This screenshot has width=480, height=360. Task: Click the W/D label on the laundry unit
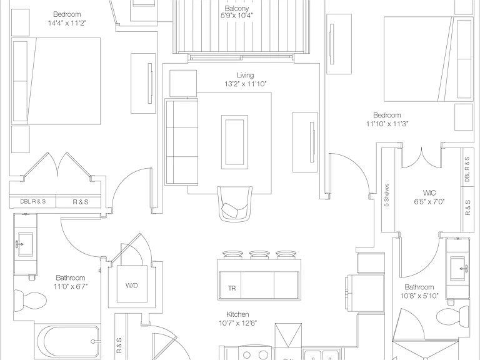[x=132, y=285]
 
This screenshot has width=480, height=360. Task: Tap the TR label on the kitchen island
[x=232, y=288]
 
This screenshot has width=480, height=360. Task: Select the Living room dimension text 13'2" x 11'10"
[x=246, y=84]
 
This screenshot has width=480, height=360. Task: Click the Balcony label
[x=237, y=8]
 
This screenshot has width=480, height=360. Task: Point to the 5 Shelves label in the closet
[x=387, y=195]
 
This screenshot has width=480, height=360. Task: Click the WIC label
[x=429, y=193]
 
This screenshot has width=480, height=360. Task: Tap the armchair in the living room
[x=235, y=204]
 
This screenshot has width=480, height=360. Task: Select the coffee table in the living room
[x=235, y=142]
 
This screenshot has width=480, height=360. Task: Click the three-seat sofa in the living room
[x=181, y=142]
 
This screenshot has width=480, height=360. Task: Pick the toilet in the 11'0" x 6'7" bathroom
[x=30, y=300]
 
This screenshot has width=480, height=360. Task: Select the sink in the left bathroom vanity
[x=26, y=244]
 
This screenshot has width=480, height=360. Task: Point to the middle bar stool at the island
[x=259, y=255]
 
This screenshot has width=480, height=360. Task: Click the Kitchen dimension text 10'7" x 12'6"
[x=238, y=323]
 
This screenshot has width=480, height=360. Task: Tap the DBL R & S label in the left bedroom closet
[x=32, y=202]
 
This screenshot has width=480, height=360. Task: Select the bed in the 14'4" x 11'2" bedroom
[x=56, y=81]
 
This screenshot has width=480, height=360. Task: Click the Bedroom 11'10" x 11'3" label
[x=387, y=119]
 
